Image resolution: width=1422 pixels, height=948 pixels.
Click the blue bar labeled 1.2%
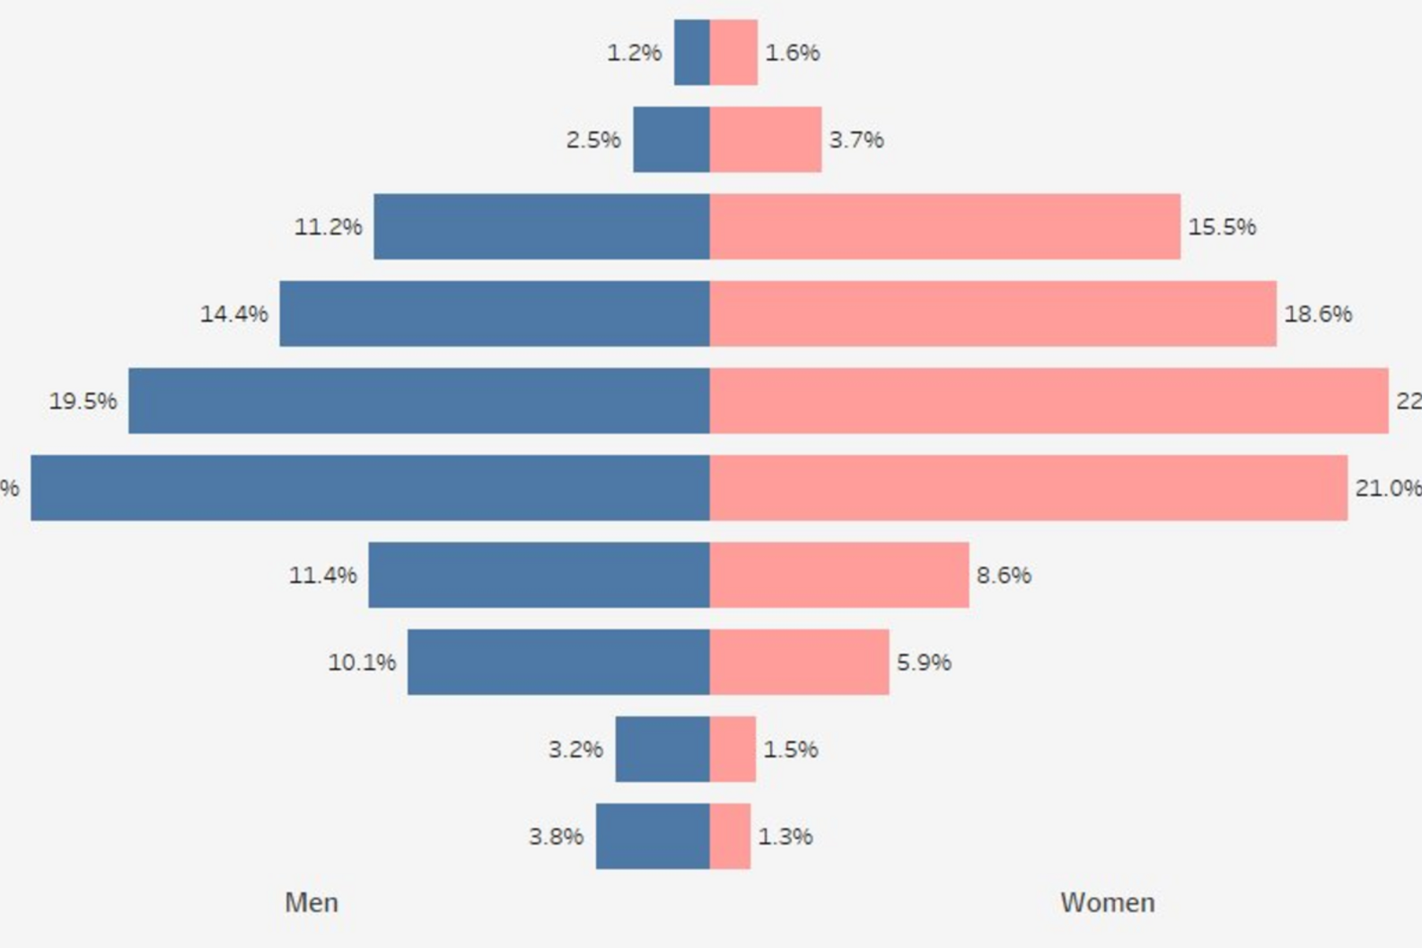692,52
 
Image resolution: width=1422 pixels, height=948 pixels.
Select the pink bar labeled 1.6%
733,52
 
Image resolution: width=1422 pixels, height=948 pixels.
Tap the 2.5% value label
593,140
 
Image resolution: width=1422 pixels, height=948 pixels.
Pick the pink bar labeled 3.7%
766,139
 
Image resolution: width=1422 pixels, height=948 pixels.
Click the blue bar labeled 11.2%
541,226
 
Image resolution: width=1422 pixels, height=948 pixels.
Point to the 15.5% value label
1222,227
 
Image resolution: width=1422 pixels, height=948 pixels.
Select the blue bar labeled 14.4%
495,313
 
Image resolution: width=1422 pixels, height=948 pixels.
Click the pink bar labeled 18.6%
993,313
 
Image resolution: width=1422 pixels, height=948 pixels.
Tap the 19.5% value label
83,401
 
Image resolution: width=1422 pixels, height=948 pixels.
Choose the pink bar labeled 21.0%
1029,487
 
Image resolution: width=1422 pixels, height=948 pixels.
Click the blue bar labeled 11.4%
539,575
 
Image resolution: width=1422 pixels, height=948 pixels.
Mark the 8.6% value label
1004,575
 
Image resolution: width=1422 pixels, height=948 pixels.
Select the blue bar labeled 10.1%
558,662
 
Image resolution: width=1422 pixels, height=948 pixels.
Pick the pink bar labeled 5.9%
799,662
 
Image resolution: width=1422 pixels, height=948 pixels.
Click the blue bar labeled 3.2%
663,749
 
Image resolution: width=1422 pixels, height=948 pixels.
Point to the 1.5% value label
791,750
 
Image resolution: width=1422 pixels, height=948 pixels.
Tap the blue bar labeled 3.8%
653,836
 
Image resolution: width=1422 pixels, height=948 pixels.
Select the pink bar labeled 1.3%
730,836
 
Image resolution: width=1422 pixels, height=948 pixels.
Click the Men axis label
312,902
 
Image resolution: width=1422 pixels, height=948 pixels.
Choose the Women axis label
1107,902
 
